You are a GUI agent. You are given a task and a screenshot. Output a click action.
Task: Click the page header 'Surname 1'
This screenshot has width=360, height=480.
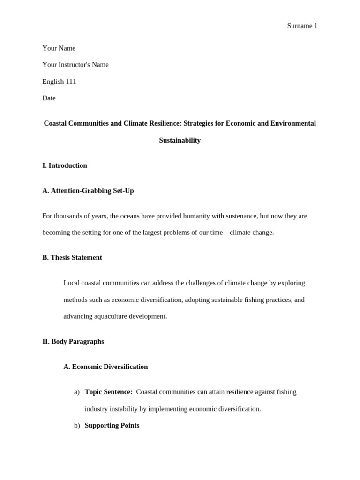tap(302, 26)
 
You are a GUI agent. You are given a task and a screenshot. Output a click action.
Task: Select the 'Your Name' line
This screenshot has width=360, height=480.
tap(59, 48)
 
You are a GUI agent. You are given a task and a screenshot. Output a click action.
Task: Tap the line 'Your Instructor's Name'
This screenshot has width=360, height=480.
tap(75, 65)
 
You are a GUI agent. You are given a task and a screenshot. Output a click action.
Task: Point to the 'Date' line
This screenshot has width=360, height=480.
tap(49, 98)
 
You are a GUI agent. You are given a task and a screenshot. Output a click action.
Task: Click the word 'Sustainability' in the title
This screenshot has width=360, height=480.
tap(180, 140)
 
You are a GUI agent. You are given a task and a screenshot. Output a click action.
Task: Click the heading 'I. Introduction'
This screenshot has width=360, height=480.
tap(64, 165)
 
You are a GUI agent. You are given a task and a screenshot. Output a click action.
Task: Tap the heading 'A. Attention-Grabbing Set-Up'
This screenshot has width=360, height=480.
tap(88, 191)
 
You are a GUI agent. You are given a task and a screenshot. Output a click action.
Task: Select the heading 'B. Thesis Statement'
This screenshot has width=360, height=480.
tap(72, 257)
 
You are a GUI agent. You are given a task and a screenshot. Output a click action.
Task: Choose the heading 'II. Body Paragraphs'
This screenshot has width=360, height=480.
tap(73, 342)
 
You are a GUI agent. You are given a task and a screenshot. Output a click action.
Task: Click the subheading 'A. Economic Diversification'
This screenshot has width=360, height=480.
tap(105, 367)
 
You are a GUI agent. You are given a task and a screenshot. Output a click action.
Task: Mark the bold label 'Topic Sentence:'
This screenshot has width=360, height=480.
tap(108, 392)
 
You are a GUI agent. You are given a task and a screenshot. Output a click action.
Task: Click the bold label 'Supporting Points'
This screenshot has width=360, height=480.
tap(112, 426)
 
